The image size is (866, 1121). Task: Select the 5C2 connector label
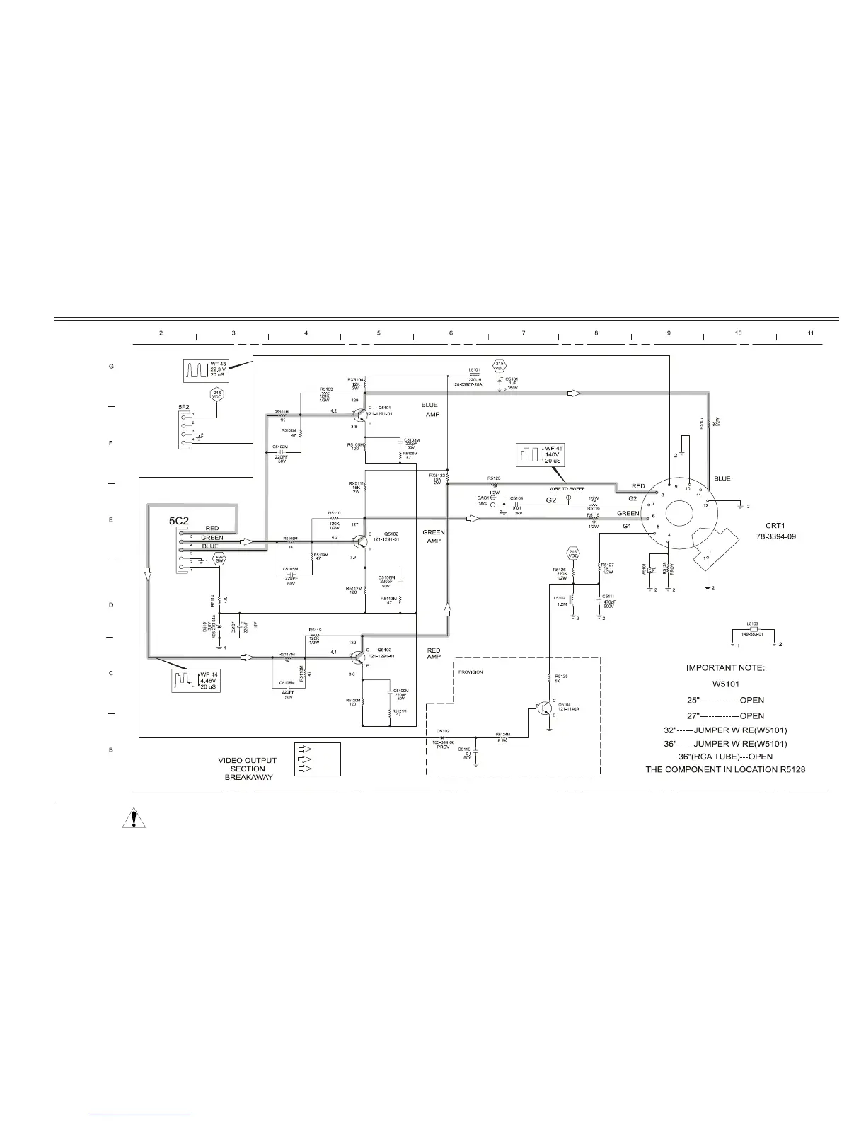[178, 520]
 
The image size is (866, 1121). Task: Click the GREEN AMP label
[433, 536]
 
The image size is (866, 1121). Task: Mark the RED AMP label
[434, 653]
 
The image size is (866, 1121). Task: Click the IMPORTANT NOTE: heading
[725, 667]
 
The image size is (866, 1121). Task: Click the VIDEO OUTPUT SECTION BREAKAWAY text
[247, 769]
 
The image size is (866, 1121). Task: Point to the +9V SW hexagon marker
[219, 559]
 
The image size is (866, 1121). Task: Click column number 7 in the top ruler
[523, 333]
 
